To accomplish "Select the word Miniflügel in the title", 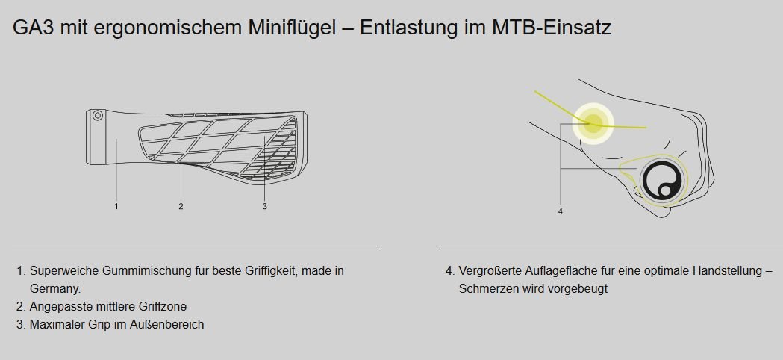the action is coord(292,28).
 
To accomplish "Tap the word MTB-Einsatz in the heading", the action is coord(552,28).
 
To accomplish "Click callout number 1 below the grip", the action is coord(116,206).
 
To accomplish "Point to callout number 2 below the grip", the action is coord(181,206).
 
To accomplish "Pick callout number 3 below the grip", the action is coord(265,206).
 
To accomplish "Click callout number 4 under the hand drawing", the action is coord(561,211).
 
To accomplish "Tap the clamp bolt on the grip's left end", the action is coord(98,116).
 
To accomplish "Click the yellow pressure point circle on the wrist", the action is coord(593,123).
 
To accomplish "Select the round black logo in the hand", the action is coord(661,180).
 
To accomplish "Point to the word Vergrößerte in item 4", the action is coord(490,271).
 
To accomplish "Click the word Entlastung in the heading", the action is coord(408,28).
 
